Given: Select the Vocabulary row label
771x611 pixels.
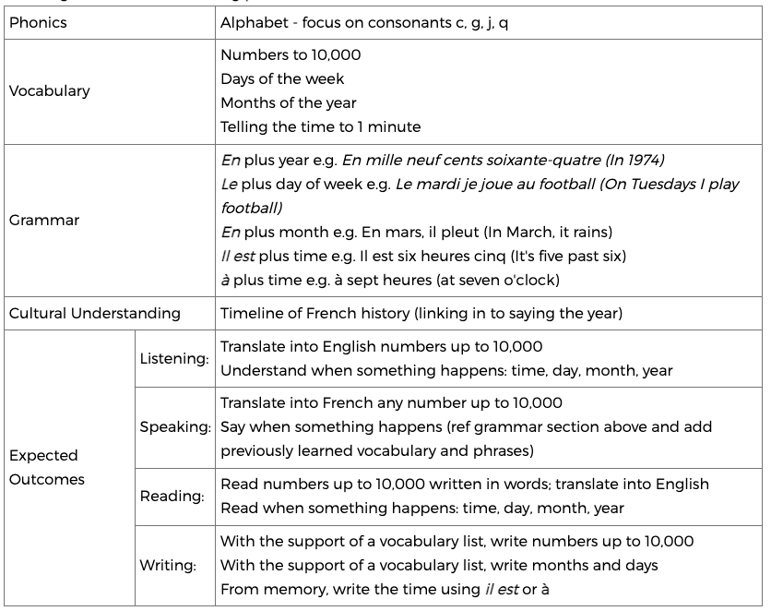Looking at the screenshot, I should coord(49,90).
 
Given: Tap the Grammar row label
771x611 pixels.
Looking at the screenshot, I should coord(43,221).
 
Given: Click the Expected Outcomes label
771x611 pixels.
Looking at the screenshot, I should coord(46,467).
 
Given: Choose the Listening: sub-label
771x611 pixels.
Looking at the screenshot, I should coord(174,358).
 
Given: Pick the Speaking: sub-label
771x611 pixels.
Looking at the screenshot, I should coord(174,427).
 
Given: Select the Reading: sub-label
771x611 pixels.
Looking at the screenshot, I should coord(172,496).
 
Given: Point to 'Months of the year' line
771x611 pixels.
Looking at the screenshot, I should coord(288,102).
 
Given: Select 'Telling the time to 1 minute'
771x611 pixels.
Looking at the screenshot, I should coord(320,126).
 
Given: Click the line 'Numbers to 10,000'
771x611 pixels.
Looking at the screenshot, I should coord(291,54).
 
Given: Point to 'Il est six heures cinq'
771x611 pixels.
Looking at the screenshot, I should coord(430,256).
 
